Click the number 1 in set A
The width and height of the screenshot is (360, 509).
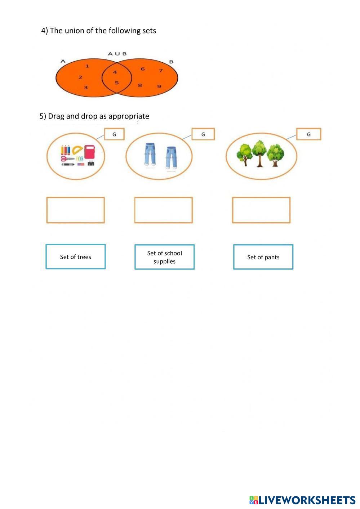[x=87, y=66]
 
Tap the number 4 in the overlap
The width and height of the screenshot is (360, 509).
[x=115, y=72]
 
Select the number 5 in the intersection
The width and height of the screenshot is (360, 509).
[x=117, y=82]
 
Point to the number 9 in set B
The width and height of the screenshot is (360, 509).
[x=159, y=86]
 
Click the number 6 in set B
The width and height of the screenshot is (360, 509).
[x=143, y=69]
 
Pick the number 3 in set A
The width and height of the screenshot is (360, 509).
[x=86, y=87]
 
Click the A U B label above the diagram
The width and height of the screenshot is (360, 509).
[x=117, y=54]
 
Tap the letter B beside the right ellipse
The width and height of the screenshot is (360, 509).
[x=171, y=62]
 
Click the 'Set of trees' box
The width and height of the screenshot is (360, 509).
[x=76, y=256]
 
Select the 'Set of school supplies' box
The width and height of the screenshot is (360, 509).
[x=164, y=257]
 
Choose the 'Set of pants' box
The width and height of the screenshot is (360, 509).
[x=263, y=257]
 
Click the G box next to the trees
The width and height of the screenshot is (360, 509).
[x=308, y=134]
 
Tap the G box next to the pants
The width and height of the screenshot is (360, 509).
[x=203, y=134]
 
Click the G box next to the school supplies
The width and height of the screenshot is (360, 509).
[x=114, y=134]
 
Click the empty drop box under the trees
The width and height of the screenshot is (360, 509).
[x=261, y=210]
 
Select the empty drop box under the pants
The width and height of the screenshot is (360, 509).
[x=163, y=210]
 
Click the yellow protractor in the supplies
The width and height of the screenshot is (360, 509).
[x=77, y=150]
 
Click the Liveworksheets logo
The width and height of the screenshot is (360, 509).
[x=302, y=500]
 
